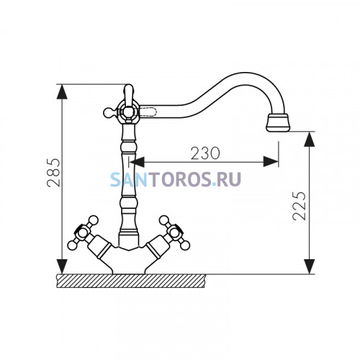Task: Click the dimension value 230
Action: (205, 153)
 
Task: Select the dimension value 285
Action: (53, 172)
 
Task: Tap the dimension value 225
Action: (300, 206)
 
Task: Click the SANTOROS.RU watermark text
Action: (176, 179)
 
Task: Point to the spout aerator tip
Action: (278, 122)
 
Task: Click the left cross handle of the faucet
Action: (83, 233)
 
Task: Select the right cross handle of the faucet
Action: (175, 233)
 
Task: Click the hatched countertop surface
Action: (131, 281)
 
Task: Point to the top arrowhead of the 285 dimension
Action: (62, 91)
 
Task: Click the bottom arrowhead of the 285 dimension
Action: (62, 266)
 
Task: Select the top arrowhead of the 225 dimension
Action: (310, 139)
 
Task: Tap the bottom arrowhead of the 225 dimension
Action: (310, 266)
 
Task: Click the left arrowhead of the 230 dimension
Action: (137, 162)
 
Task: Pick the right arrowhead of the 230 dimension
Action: (271, 162)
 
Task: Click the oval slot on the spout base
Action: (148, 111)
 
